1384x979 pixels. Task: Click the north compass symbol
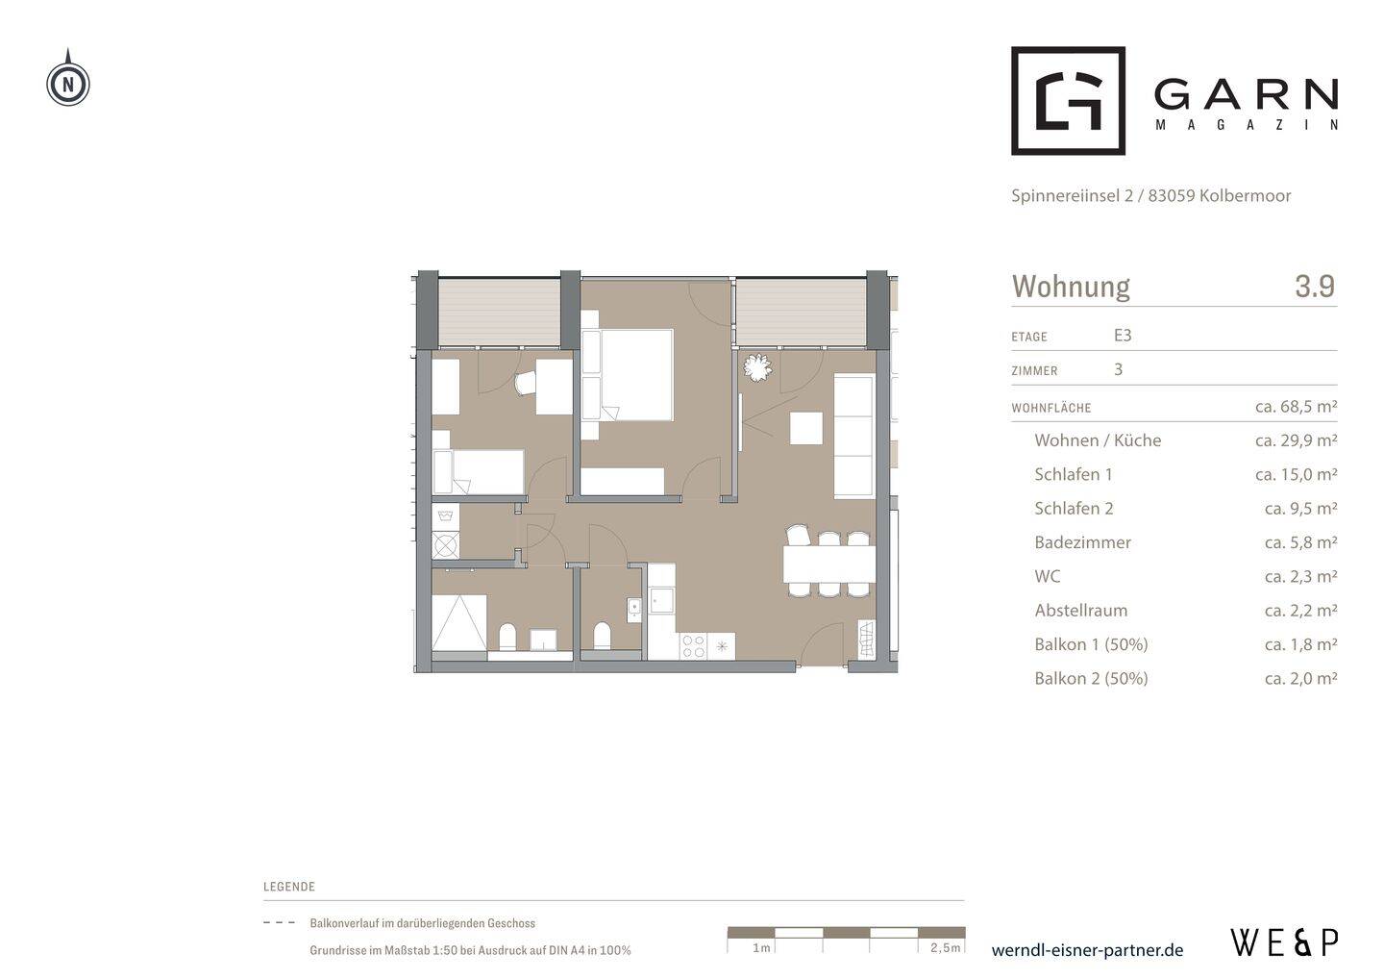coord(68,82)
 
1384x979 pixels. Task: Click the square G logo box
coord(1068,100)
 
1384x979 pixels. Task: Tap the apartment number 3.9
coord(1315,286)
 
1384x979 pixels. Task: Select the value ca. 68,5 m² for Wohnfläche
coord(1296,406)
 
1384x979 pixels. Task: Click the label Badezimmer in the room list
coord(1082,542)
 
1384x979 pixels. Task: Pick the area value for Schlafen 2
coord(1300,508)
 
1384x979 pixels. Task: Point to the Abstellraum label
coord(1080,610)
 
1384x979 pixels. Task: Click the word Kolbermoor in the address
coord(1245,195)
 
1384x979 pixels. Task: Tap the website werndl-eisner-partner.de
coord(1087,950)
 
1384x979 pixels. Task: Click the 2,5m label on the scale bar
coord(946,947)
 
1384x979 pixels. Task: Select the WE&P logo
coord(1284,942)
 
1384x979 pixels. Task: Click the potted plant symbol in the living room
coord(757,368)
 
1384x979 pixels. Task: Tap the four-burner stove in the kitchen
coord(693,646)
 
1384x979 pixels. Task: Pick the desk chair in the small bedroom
coord(526,383)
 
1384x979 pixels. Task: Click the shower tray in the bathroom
coord(459,623)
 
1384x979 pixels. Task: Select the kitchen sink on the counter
coord(661,600)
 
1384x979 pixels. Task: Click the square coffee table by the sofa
coord(806,428)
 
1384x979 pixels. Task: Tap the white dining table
coord(829,564)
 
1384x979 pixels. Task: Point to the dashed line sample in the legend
coord(279,923)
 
